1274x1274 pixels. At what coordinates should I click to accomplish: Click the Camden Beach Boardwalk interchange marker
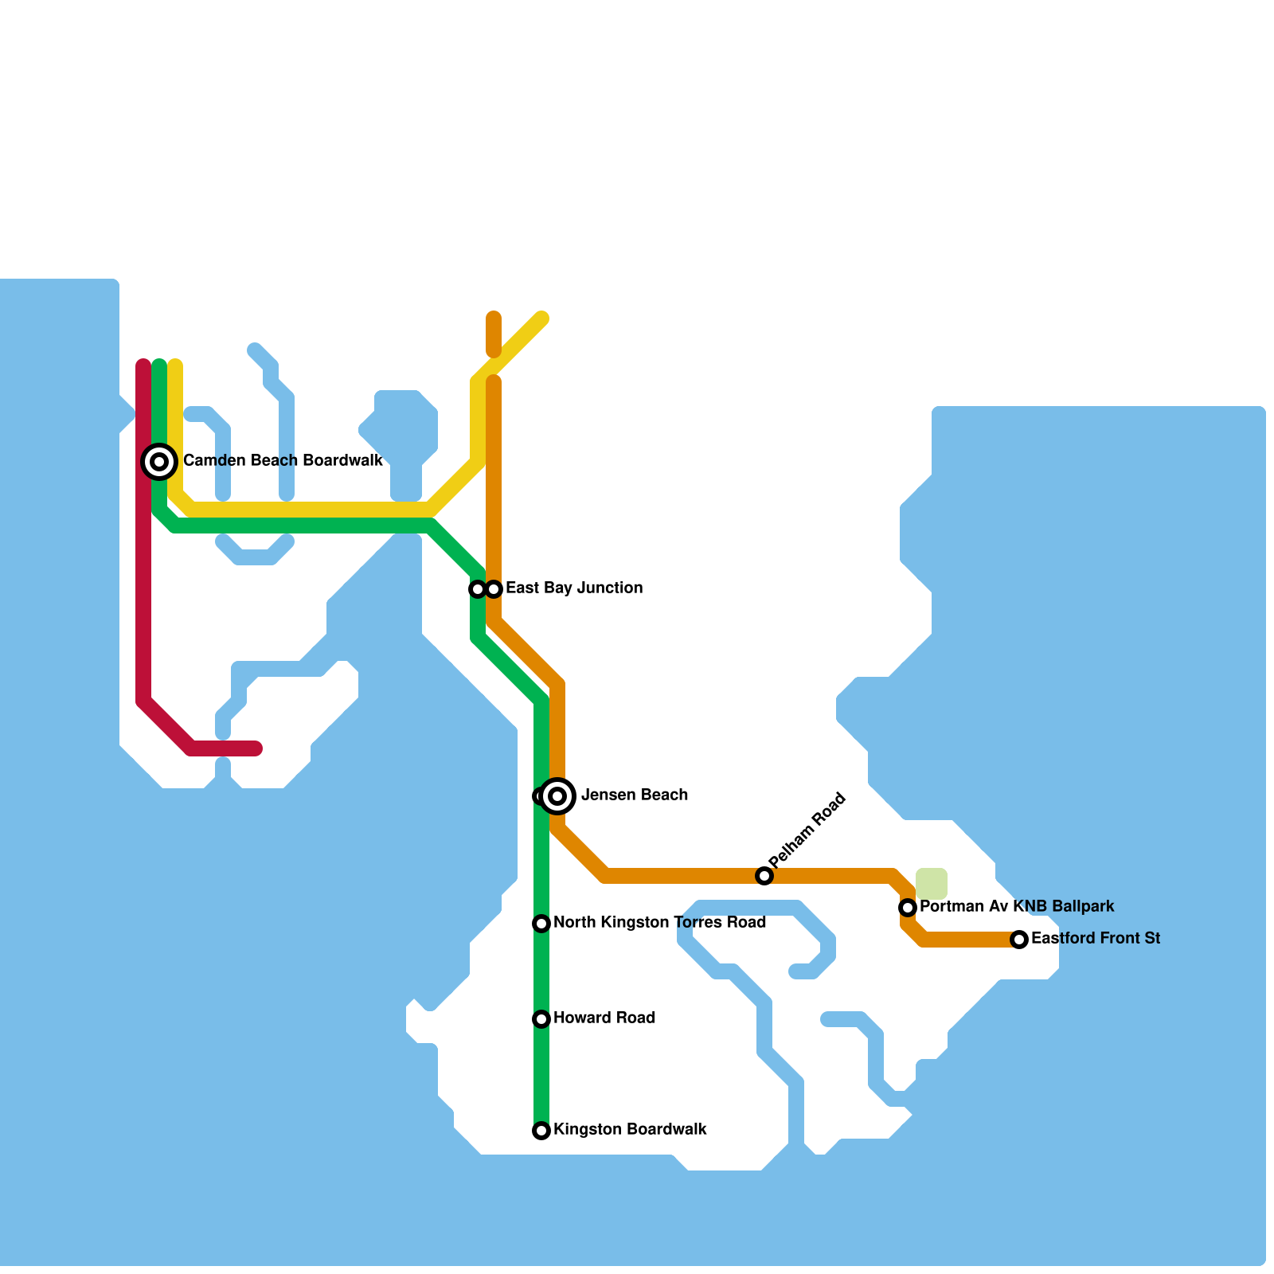coord(159,462)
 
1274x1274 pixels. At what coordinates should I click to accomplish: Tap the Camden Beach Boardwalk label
coord(283,461)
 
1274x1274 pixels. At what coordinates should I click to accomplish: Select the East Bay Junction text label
coord(574,588)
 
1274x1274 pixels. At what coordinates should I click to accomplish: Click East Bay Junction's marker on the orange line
coord(494,589)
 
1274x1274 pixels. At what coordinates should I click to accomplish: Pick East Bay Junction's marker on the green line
coord(477,589)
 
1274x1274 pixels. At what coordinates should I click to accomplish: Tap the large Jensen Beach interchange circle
coord(558,796)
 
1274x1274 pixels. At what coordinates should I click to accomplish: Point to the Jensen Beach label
coord(635,795)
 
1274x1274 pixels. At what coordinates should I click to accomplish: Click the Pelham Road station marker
coord(764,876)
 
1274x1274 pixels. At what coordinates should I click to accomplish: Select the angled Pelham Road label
coord(807,830)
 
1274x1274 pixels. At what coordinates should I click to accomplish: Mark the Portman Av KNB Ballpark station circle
coord(908,908)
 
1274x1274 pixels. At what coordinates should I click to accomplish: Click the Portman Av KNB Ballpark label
coord(1017,907)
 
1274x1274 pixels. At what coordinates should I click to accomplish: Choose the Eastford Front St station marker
coord(1019,940)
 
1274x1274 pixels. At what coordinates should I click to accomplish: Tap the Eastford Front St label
coord(1096,939)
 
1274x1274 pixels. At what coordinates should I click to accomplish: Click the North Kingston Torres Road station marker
coord(541,924)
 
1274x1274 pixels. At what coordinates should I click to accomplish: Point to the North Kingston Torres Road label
coord(659,923)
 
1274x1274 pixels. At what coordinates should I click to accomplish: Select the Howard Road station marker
coord(541,1019)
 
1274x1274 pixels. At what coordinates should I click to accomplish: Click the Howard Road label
coord(604,1018)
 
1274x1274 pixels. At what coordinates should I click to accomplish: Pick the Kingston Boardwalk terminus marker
coord(541,1131)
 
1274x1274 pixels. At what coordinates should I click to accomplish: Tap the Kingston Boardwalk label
coord(630,1130)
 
